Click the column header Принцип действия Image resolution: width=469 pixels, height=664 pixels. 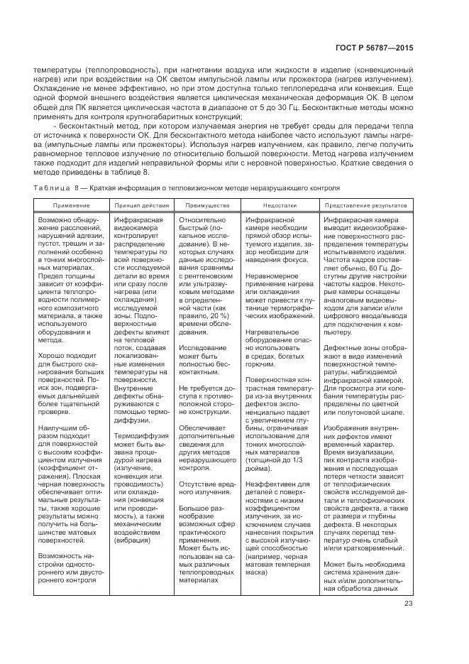(141, 205)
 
